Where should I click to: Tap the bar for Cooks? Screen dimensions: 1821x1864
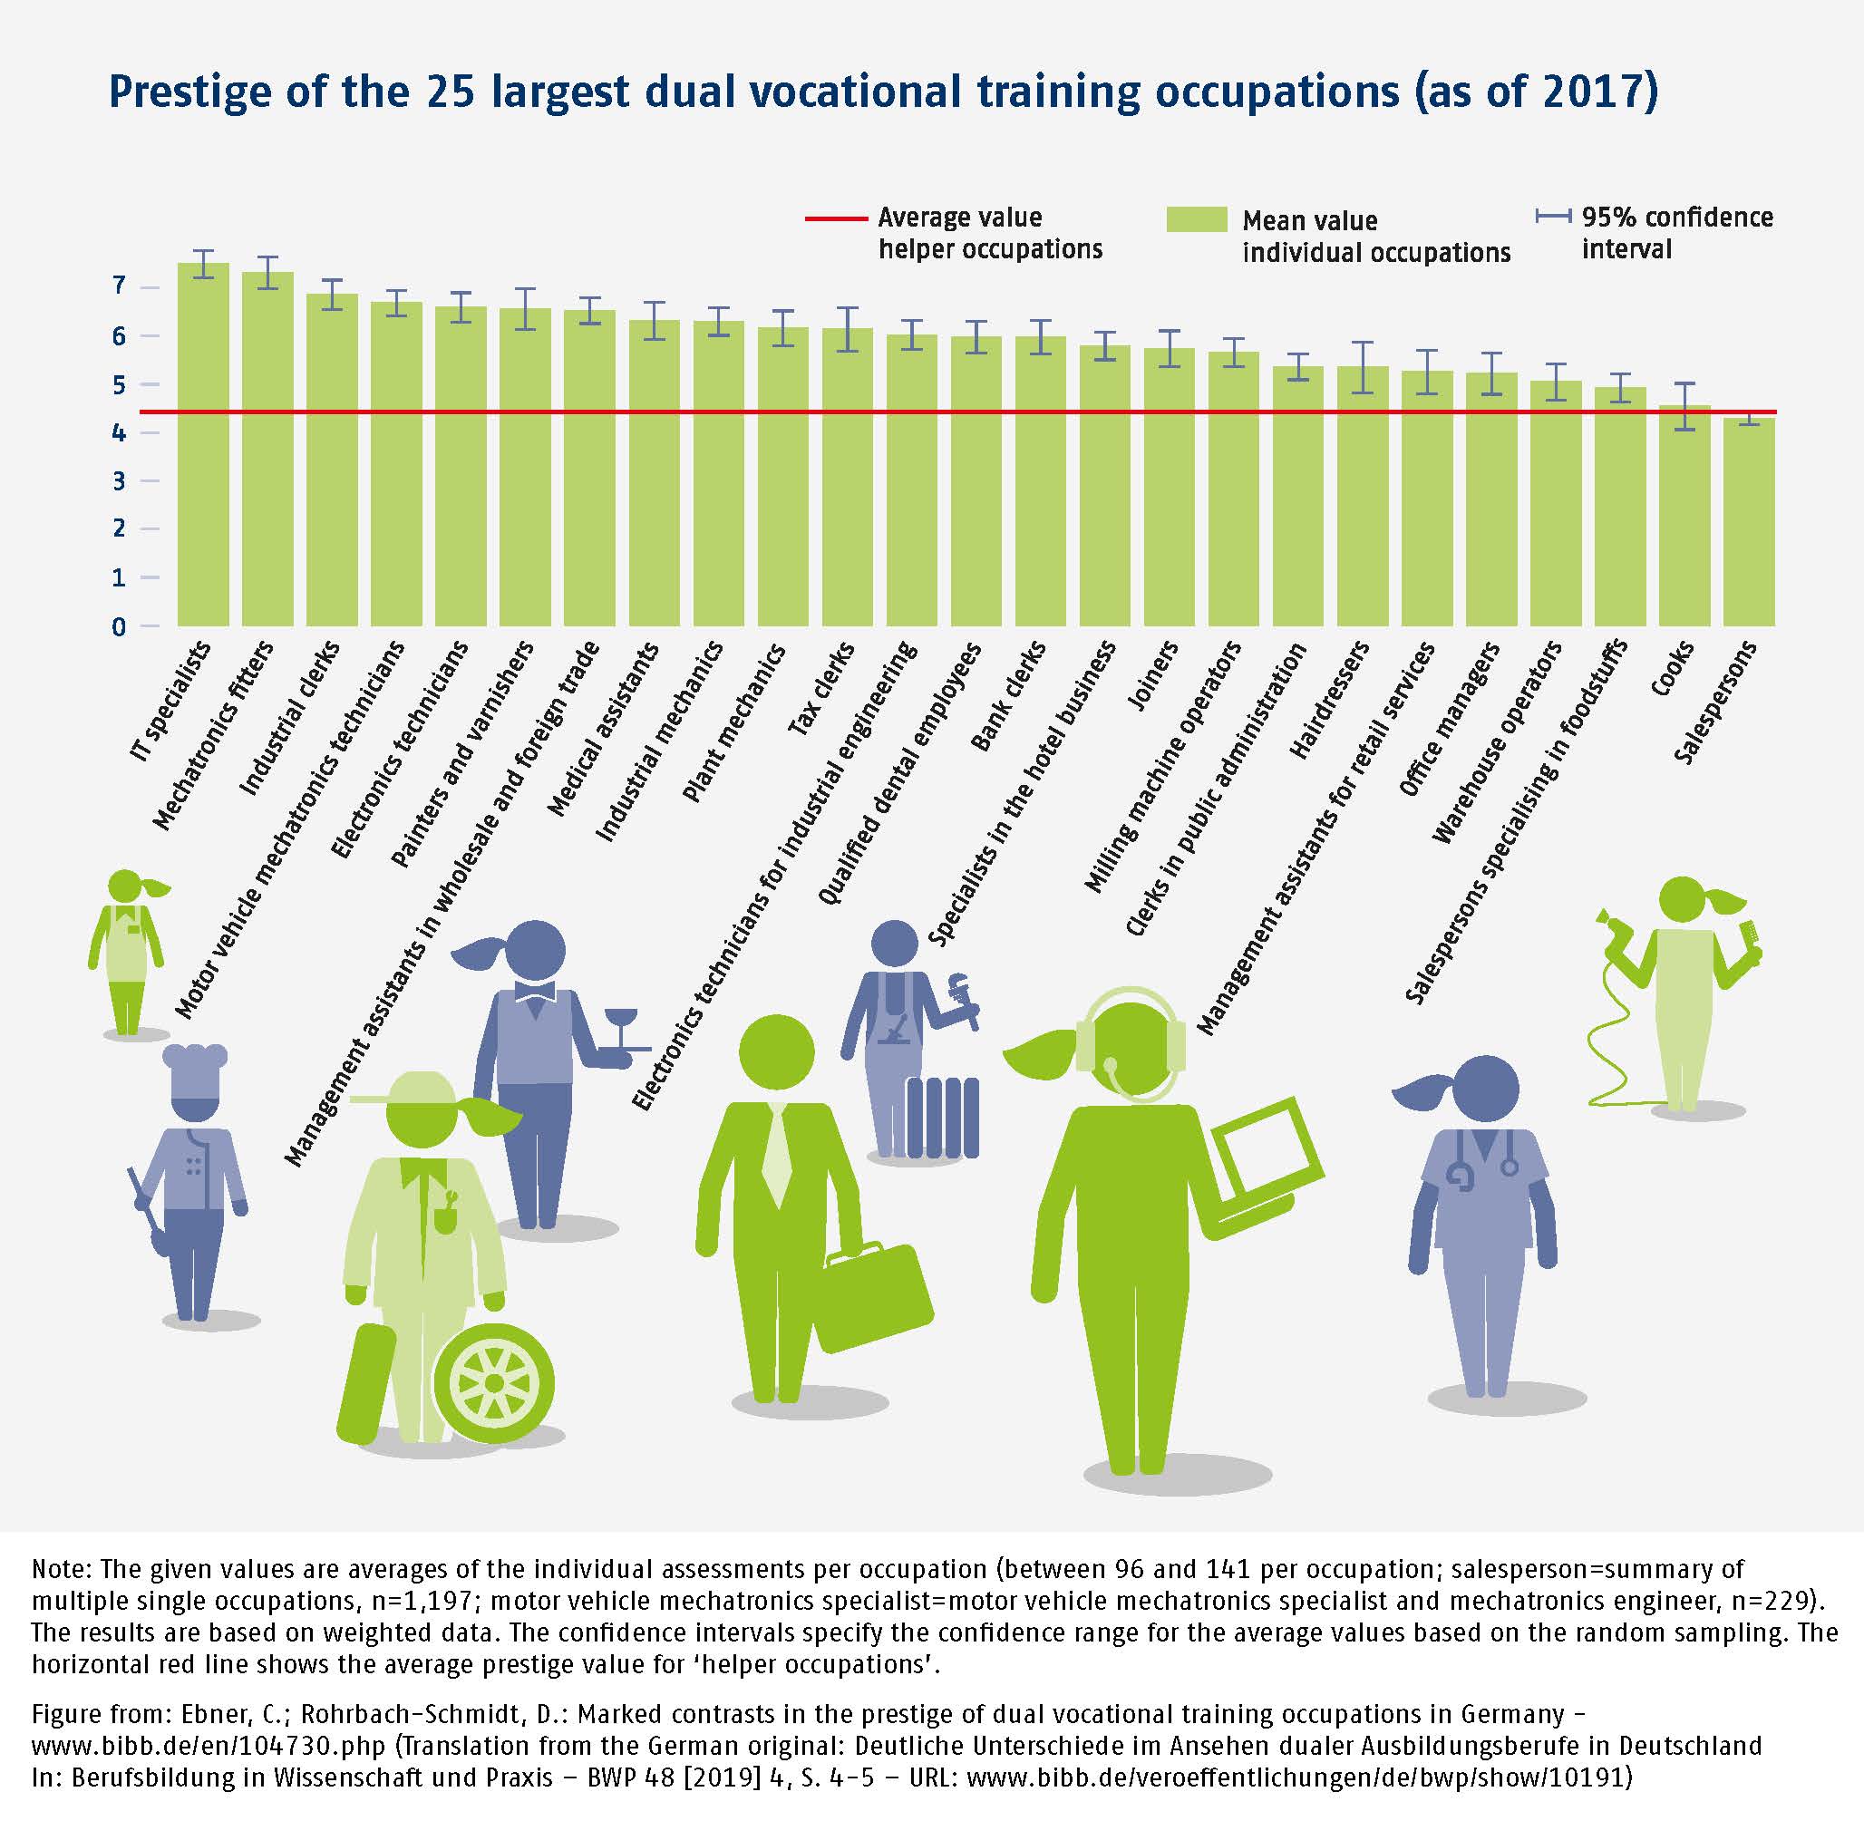1684,517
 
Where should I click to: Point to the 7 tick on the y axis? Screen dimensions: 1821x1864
120,286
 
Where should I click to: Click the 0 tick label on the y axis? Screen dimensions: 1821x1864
120,627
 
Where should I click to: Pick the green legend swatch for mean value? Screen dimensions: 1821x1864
1197,219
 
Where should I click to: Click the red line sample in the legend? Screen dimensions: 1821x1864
835,219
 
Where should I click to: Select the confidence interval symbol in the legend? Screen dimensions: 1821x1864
1552,218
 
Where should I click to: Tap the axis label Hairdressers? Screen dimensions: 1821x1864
1331,700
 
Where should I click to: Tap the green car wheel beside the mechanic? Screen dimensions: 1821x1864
493,1383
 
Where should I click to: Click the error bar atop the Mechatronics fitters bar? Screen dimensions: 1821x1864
267,272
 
